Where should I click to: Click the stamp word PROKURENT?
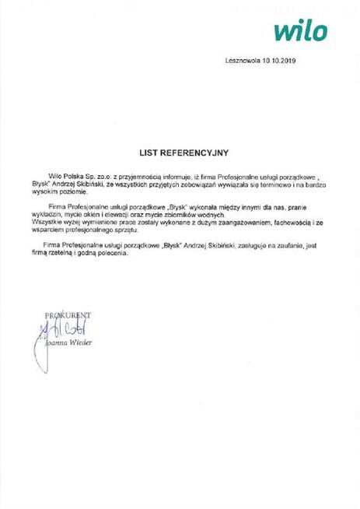tap(68, 314)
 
